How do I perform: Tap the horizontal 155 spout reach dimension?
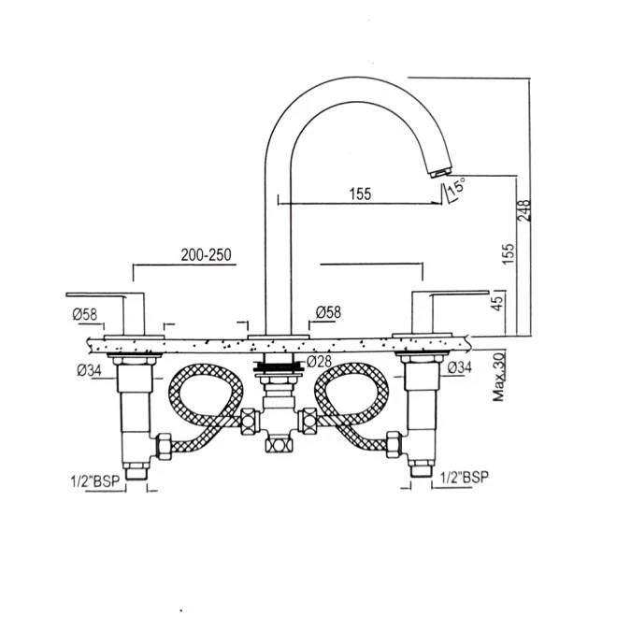tap(361, 194)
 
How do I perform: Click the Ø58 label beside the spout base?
tap(328, 312)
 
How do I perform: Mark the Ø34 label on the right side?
tap(460, 368)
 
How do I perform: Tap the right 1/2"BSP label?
tap(465, 476)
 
